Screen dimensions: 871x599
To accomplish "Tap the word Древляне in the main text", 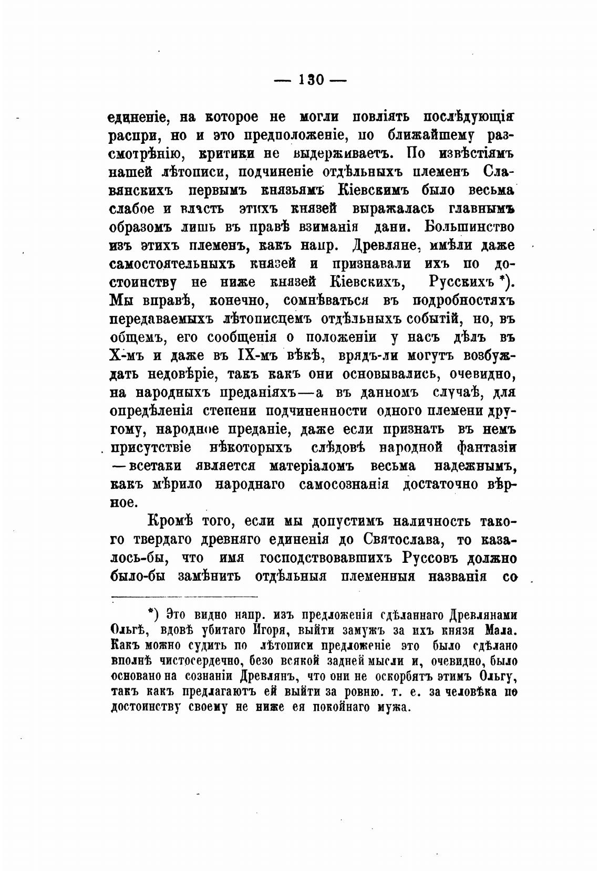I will point(389,246).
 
